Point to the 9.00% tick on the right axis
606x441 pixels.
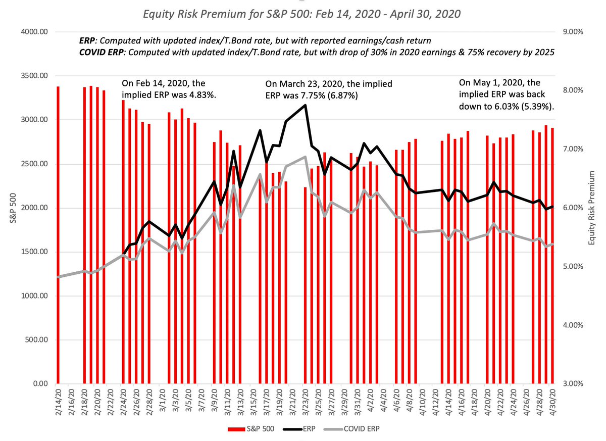[x=572, y=32]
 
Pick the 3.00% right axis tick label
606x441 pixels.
[x=572, y=384]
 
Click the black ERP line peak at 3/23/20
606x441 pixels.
[x=305, y=105]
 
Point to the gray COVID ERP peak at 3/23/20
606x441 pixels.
[x=305, y=157]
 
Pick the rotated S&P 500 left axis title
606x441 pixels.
[x=16, y=208]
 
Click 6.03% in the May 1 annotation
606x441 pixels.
[x=509, y=107]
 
